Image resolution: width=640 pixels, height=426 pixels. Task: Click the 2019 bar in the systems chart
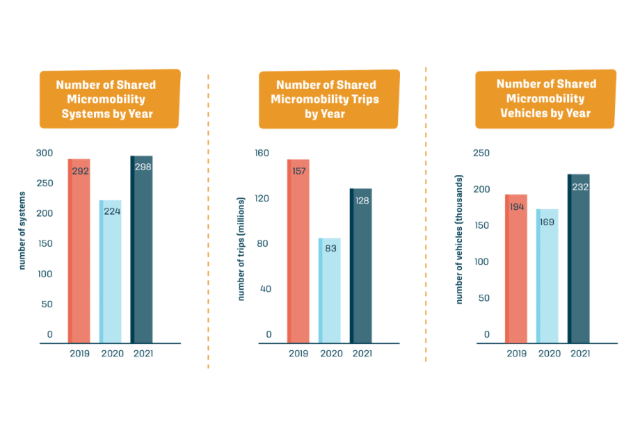(79, 257)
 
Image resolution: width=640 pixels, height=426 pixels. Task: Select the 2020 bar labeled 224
(110, 278)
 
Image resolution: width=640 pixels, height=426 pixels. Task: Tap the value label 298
(143, 167)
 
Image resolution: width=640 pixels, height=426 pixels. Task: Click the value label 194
(517, 207)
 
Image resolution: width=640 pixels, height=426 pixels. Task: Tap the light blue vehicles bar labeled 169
(547, 278)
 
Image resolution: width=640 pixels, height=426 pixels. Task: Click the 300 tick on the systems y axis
(45, 153)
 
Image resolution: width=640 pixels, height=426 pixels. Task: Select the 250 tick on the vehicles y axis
(481, 153)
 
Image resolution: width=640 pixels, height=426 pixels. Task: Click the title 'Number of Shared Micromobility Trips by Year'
(329, 99)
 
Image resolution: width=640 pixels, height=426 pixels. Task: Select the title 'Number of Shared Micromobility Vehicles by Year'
(546, 98)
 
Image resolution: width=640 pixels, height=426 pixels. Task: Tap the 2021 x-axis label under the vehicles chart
(579, 354)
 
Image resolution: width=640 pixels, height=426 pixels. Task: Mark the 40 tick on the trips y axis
(265, 289)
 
